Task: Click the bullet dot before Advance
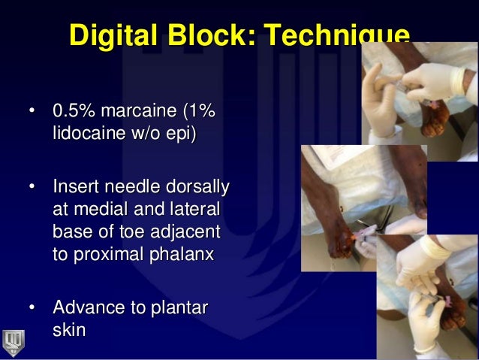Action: [x=32, y=308]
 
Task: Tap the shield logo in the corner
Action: [x=14, y=341]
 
